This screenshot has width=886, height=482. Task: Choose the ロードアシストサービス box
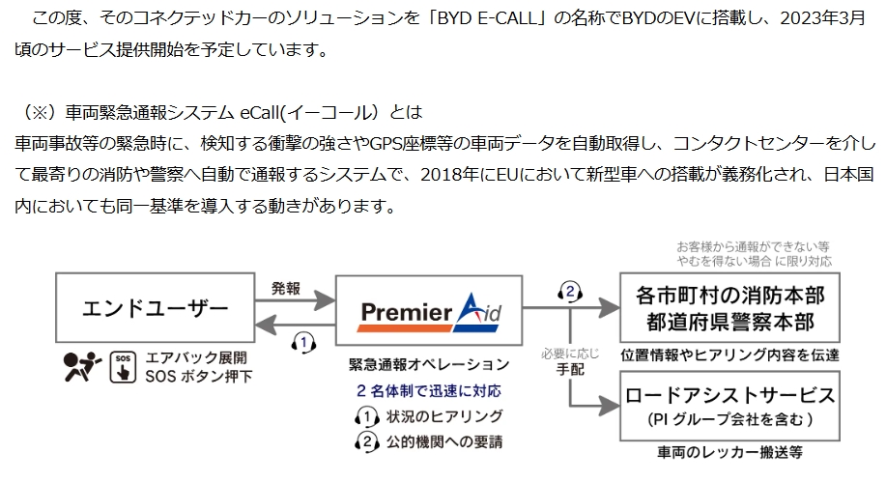pos(729,409)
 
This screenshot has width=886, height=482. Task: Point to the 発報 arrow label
pos(286,287)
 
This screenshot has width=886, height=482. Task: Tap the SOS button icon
pos(121,365)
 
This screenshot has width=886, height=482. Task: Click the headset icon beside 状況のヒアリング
pos(367,417)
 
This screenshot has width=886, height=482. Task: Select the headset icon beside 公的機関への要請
pos(367,441)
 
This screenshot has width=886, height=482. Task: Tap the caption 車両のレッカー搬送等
pos(729,452)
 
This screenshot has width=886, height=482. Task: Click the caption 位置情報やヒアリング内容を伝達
pos(729,354)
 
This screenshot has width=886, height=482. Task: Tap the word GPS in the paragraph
pos(386,144)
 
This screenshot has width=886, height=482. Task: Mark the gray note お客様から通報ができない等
pos(753,246)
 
